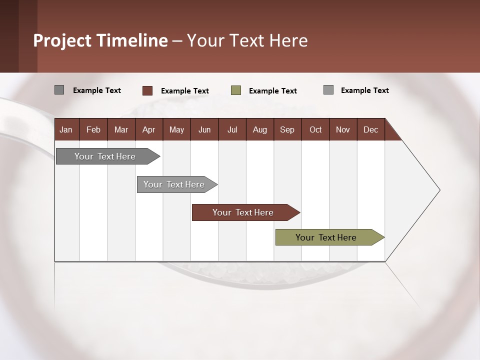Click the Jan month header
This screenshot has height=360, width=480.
(66, 129)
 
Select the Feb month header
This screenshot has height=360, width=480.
(93, 129)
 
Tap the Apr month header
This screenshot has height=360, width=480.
(149, 129)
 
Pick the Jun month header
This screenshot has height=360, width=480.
(204, 129)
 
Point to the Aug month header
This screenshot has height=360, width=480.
(260, 129)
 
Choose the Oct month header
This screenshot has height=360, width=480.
(315, 129)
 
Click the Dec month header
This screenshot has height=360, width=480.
(371, 129)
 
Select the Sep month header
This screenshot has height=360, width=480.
(287, 129)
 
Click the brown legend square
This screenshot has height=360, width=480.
(147, 90)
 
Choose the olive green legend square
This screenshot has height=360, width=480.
(236, 90)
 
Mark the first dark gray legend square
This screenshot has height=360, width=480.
(59, 90)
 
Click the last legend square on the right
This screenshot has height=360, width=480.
(328, 90)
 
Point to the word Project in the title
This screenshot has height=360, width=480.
(62, 40)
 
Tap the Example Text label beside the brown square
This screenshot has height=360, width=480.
(185, 91)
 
